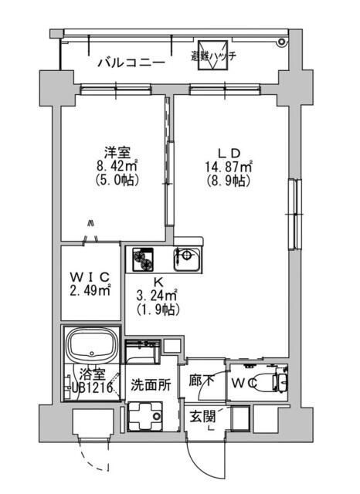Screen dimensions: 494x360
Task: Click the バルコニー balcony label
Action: click(129, 63)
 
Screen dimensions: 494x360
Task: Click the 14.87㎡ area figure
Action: click(230, 165)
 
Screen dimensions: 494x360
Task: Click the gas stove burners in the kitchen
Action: click(144, 259)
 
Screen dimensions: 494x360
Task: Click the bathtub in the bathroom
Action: click(91, 343)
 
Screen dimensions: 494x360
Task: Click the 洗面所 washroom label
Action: click(148, 383)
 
